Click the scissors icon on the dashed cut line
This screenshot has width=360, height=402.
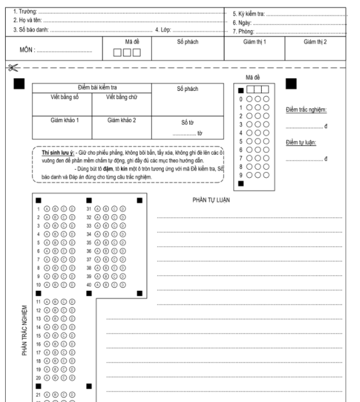click(x=11, y=68)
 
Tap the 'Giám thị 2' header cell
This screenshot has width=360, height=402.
click(x=315, y=42)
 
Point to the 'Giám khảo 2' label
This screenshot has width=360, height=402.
click(x=122, y=120)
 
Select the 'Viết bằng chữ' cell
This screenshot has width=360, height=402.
click(x=122, y=97)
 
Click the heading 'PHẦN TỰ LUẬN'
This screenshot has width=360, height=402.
click(x=211, y=199)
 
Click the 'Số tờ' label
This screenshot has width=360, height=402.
click(x=187, y=122)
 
